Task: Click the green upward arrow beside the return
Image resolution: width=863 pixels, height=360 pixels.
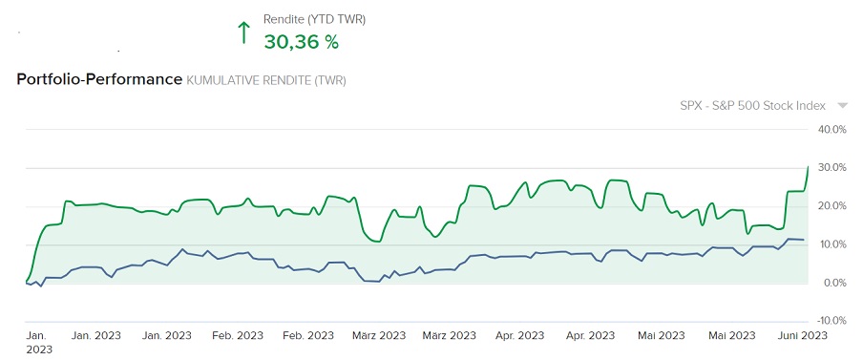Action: coord(243,33)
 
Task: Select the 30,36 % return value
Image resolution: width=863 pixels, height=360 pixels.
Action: coord(301,42)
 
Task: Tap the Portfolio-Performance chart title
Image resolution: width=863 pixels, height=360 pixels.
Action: coord(99,79)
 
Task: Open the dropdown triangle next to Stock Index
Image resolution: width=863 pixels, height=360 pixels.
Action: coord(842,106)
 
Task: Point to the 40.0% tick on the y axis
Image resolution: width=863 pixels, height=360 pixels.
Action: coord(833,130)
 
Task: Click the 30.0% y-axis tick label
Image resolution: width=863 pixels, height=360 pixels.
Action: coord(833,168)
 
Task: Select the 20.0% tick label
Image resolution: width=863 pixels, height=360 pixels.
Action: coord(833,206)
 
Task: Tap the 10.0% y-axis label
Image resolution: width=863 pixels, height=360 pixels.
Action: coord(833,244)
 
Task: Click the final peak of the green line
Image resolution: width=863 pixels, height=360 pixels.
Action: coord(809,166)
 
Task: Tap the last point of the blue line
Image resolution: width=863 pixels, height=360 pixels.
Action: coord(804,240)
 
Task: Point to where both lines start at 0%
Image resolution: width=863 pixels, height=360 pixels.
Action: coord(25,283)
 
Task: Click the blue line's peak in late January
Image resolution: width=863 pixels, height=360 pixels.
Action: coord(182,249)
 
